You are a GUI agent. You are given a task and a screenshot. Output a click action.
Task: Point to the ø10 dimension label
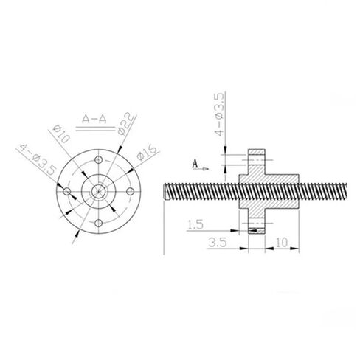[x=63, y=136]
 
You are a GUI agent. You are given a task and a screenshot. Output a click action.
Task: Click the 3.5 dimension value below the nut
[x=218, y=240]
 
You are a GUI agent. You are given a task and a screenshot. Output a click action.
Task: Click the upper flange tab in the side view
[x=256, y=160]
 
